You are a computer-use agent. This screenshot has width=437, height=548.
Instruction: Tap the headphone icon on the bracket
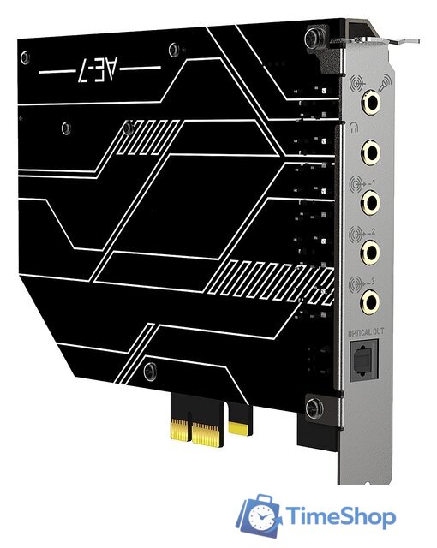tap(355, 128)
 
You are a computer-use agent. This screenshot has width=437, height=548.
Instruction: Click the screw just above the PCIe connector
tap(150, 370)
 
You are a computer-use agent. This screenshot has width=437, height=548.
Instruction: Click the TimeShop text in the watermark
tap(340, 517)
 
